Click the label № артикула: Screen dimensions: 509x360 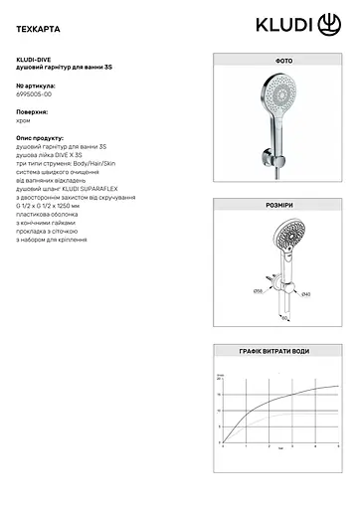pyautogui.click(x=37, y=86)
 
